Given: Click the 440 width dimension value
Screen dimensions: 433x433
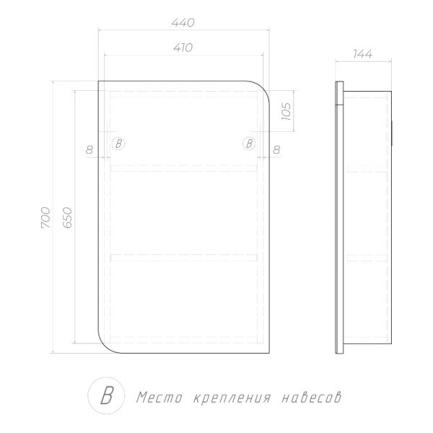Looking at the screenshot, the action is (x=183, y=22).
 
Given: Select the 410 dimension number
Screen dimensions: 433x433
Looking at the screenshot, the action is (x=183, y=48).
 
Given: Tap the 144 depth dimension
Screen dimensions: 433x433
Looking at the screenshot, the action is (x=363, y=54).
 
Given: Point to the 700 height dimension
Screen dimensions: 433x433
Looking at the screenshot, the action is (x=46, y=218).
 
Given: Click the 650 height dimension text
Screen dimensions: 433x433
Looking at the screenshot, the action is (x=67, y=218).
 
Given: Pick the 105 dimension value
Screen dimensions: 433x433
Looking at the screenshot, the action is (x=287, y=111).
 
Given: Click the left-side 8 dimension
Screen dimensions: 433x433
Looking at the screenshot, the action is (x=89, y=149).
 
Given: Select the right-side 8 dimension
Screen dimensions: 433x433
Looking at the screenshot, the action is (x=276, y=149).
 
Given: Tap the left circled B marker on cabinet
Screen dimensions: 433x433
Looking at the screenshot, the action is (x=118, y=144).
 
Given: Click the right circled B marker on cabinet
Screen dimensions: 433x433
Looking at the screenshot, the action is (x=249, y=144).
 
